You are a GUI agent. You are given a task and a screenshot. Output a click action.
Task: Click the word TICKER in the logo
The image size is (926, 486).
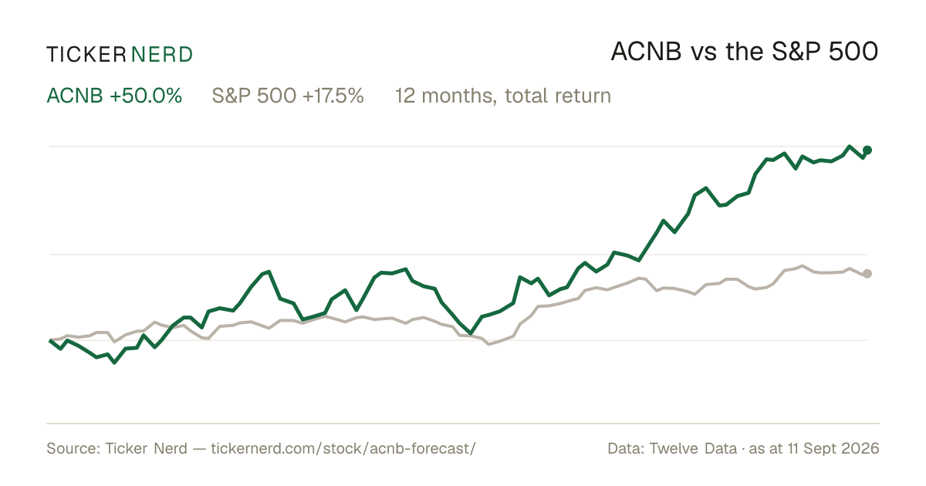point(86,55)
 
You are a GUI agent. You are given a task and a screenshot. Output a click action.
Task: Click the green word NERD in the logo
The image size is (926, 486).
point(162,55)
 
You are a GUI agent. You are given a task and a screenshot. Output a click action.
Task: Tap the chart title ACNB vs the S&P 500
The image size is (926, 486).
point(745,52)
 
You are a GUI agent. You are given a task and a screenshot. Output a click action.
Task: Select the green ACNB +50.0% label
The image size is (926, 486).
point(114,96)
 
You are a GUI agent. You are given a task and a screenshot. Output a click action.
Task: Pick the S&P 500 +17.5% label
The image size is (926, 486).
point(288,96)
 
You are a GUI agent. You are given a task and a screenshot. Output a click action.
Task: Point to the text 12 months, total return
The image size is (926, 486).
point(502,96)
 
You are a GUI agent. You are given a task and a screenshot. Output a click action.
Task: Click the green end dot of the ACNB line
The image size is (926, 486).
point(867,150)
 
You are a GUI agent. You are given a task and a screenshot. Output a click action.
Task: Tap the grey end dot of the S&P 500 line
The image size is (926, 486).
point(867,274)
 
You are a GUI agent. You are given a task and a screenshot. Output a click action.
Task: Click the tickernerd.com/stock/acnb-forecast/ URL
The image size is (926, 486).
point(343,448)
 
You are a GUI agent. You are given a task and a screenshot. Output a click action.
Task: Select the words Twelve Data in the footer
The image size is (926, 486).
point(693,448)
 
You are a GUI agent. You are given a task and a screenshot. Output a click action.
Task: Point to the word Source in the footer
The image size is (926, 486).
point(71,448)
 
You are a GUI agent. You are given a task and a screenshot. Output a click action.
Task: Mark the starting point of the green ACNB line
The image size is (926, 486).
point(50,340)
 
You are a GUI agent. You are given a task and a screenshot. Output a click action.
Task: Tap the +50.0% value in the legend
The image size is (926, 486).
point(146,96)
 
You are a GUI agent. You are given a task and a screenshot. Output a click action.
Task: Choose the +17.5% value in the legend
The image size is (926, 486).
point(333,96)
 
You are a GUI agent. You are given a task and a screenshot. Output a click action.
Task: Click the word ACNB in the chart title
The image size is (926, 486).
point(646,52)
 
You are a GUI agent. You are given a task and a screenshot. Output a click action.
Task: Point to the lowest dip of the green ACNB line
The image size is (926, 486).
point(114,363)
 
